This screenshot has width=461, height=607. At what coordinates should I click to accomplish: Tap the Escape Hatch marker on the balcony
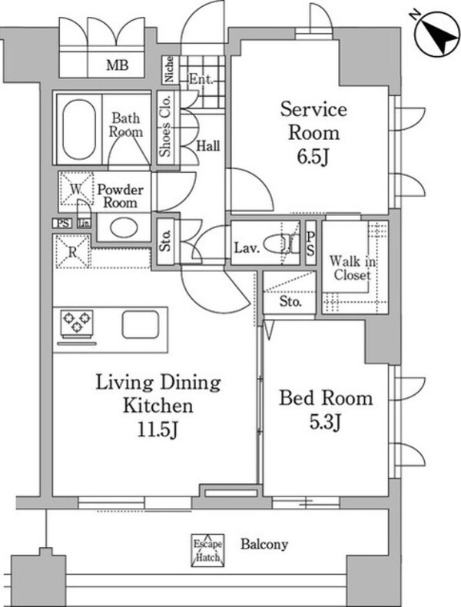tap(208, 550)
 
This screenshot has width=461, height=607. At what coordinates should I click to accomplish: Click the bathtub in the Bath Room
tap(78, 129)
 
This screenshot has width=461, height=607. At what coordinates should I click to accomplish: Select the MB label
tap(118, 65)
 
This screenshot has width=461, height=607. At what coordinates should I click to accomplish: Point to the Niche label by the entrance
tap(169, 70)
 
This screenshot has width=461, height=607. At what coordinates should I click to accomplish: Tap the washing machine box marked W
tap(76, 188)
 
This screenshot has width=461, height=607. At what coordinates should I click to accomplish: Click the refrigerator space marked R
tap(72, 251)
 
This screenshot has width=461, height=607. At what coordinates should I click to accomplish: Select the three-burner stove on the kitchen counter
tap(77, 322)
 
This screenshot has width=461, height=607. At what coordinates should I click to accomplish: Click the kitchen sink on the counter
tap(141, 324)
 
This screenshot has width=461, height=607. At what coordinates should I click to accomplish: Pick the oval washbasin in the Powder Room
tap(124, 227)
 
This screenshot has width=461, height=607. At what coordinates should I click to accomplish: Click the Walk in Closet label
tap(352, 268)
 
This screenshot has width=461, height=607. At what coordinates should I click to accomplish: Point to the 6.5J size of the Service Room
tap(313, 157)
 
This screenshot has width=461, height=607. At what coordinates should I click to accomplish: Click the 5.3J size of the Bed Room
tap(325, 422)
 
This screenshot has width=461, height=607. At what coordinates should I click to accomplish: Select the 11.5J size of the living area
tap(158, 430)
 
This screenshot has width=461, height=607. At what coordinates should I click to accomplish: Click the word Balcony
tap(264, 544)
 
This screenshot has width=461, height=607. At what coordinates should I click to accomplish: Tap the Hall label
tap(208, 146)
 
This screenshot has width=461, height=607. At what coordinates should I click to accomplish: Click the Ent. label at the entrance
tap(201, 80)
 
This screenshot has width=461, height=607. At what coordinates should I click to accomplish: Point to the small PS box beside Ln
tap(62, 224)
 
